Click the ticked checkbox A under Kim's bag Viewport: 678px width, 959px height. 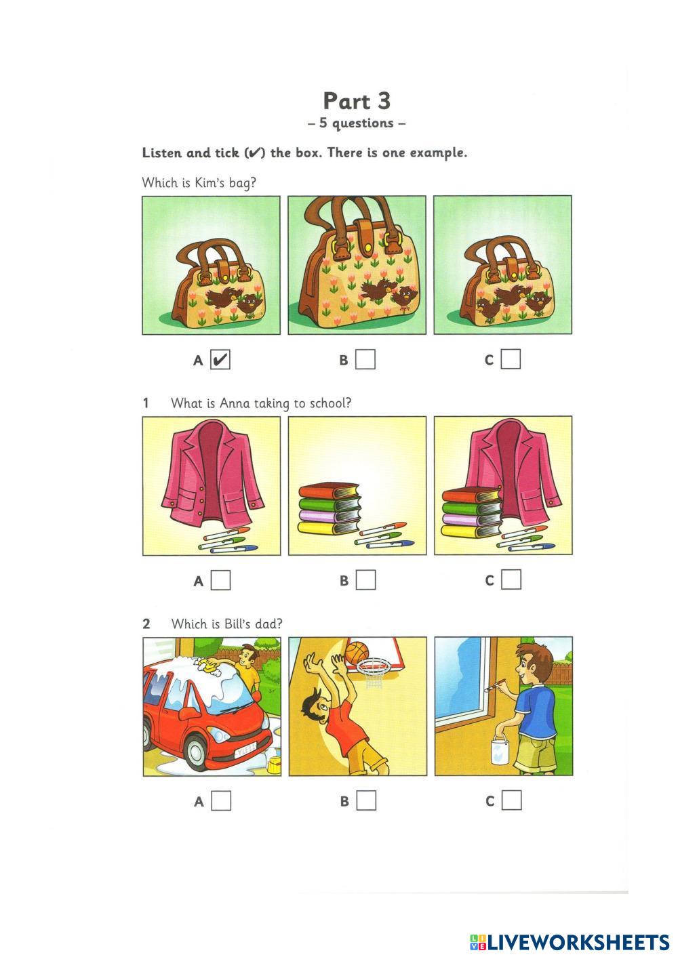220,360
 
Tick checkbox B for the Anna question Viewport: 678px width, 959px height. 365,580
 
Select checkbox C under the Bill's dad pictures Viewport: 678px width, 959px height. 511,800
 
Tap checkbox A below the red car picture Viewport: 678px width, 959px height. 221,800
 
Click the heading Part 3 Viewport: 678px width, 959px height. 357,101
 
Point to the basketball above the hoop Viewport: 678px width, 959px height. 357,651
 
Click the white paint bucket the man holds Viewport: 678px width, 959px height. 500,750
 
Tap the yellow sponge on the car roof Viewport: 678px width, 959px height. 209,665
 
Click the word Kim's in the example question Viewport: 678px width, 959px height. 210,183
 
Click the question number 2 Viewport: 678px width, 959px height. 146,624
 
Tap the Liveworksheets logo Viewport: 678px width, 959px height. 570,942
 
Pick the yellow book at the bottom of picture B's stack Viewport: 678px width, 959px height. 329,528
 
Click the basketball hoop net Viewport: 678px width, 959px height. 372,674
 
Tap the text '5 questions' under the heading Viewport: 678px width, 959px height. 357,123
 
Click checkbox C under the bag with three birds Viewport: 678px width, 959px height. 511,359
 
